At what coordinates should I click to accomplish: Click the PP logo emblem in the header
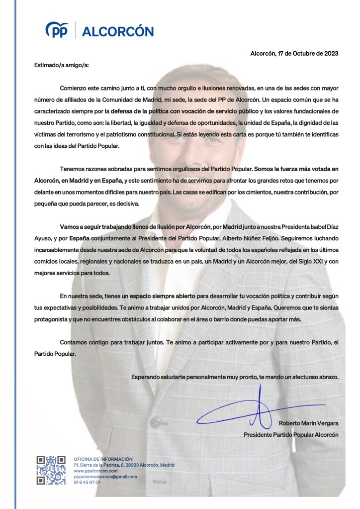pyautogui.click(x=57, y=31)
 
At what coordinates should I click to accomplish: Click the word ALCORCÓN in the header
pyautogui.click(x=117, y=31)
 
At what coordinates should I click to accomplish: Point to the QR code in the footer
pyautogui.click(x=51, y=470)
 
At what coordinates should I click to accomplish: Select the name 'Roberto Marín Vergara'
pyautogui.click(x=308, y=423)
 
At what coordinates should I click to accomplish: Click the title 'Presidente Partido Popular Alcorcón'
pyautogui.click(x=291, y=434)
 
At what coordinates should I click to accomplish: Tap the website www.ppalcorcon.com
pyautogui.click(x=95, y=471)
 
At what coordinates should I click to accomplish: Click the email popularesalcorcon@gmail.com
pyautogui.click(x=105, y=477)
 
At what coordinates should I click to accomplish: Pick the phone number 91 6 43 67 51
pyautogui.click(x=87, y=483)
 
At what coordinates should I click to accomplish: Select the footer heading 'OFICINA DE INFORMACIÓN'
pyautogui.click(x=103, y=459)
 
